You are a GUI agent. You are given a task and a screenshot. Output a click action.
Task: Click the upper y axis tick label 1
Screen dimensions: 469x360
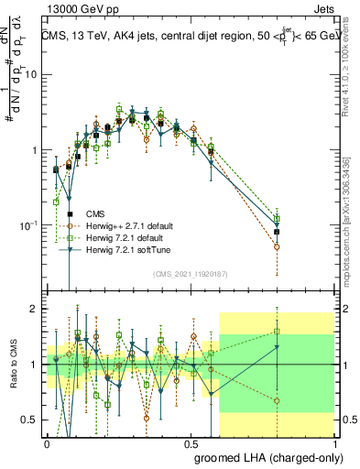coord(35,150)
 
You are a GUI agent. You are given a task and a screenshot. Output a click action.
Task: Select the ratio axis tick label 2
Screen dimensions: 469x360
coord(35,310)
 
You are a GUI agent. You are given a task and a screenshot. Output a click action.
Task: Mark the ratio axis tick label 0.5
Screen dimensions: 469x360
coord(31,420)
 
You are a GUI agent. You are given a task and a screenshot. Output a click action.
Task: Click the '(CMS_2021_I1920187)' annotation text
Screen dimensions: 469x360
coord(190,273)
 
